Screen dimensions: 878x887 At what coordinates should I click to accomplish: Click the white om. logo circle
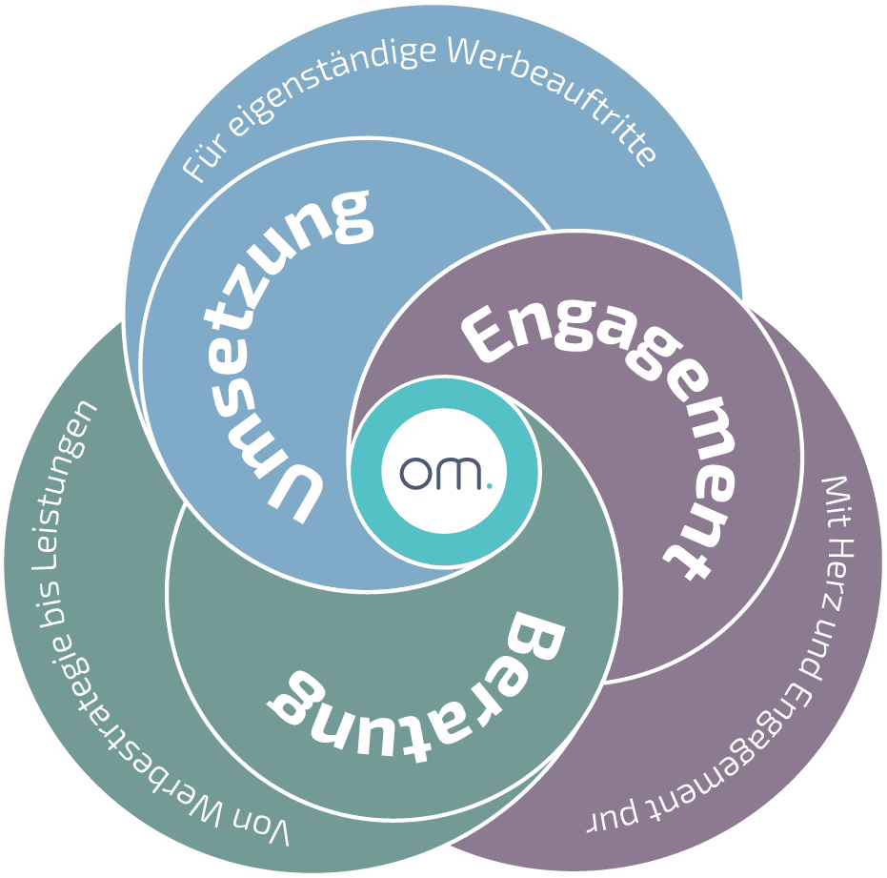(x=444, y=472)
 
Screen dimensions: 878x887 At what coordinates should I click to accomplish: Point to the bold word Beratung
(x=419, y=682)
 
